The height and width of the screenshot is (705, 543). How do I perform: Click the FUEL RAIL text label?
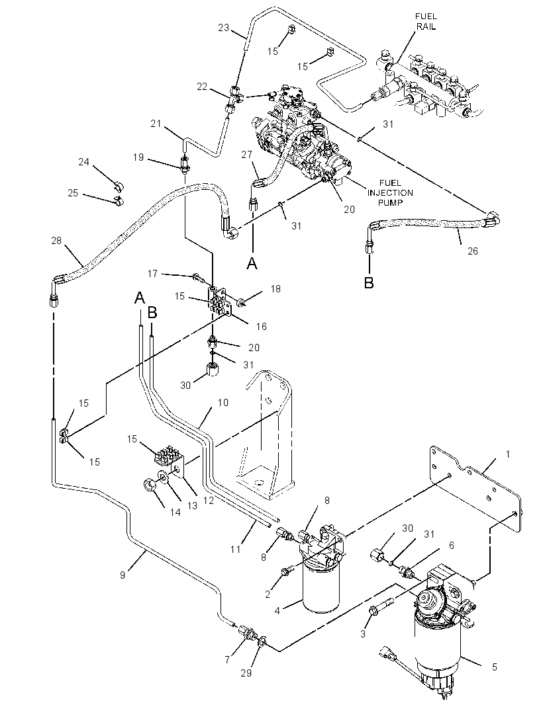[x=426, y=21]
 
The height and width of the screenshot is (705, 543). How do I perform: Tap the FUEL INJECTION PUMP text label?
[x=390, y=193]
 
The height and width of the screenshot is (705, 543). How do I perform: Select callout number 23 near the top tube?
[x=224, y=27]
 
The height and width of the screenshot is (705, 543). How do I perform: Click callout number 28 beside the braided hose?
[x=56, y=241]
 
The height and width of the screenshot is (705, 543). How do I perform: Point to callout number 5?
[x=495, y=667]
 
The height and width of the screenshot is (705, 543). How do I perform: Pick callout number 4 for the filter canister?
[x=277, y=610]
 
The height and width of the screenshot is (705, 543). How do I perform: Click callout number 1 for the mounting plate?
[x=508, y=454]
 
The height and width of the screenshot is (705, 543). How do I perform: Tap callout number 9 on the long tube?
[x=123, y=575]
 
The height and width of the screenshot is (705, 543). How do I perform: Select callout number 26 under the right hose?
[x=472, y=251]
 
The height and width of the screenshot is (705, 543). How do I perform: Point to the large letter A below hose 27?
[x=252, y=262]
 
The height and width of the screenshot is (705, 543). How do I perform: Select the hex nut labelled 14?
[x=149, y=485]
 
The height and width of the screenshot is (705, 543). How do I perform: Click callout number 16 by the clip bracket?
[x=261, y=327]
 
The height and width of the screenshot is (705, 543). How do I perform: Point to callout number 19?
[x=138, y=157]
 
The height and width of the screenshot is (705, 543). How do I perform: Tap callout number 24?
[x=83, y=161]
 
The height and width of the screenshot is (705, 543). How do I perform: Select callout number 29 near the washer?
[x=246, y=673]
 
